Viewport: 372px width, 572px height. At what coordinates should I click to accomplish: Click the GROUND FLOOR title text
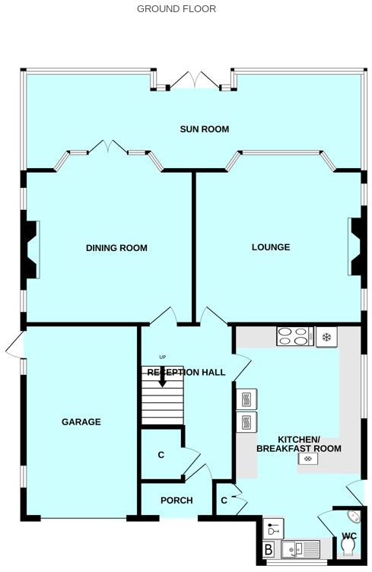tap(176, 9)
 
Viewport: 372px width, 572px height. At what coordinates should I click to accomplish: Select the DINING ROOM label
tap(116, 248)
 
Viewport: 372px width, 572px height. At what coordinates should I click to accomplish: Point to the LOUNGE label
tap(271, 247)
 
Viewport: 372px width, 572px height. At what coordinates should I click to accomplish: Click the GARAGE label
tap(81, 422)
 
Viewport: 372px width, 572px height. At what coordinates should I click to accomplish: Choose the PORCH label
tap(176, 500)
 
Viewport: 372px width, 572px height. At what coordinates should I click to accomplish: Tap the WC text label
tap(348, 536)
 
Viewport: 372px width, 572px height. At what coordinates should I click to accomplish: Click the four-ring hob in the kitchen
tap(295, 335)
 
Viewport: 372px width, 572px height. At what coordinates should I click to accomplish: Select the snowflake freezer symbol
tap(327, 335)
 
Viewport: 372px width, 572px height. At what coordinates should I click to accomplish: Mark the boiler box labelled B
tap(269, 549)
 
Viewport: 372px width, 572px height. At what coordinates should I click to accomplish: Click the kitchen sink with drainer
tap(299, 548)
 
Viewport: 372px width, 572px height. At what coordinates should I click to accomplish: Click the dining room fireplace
tap(32, 248)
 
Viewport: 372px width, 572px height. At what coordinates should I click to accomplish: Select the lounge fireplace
tap(355, 246)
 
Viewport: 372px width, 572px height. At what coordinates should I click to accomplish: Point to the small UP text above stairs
tap(162, 357)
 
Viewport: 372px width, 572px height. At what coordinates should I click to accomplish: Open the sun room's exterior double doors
tap(193, 79)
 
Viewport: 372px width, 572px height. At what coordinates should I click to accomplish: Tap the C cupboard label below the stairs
tap(161, 455)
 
